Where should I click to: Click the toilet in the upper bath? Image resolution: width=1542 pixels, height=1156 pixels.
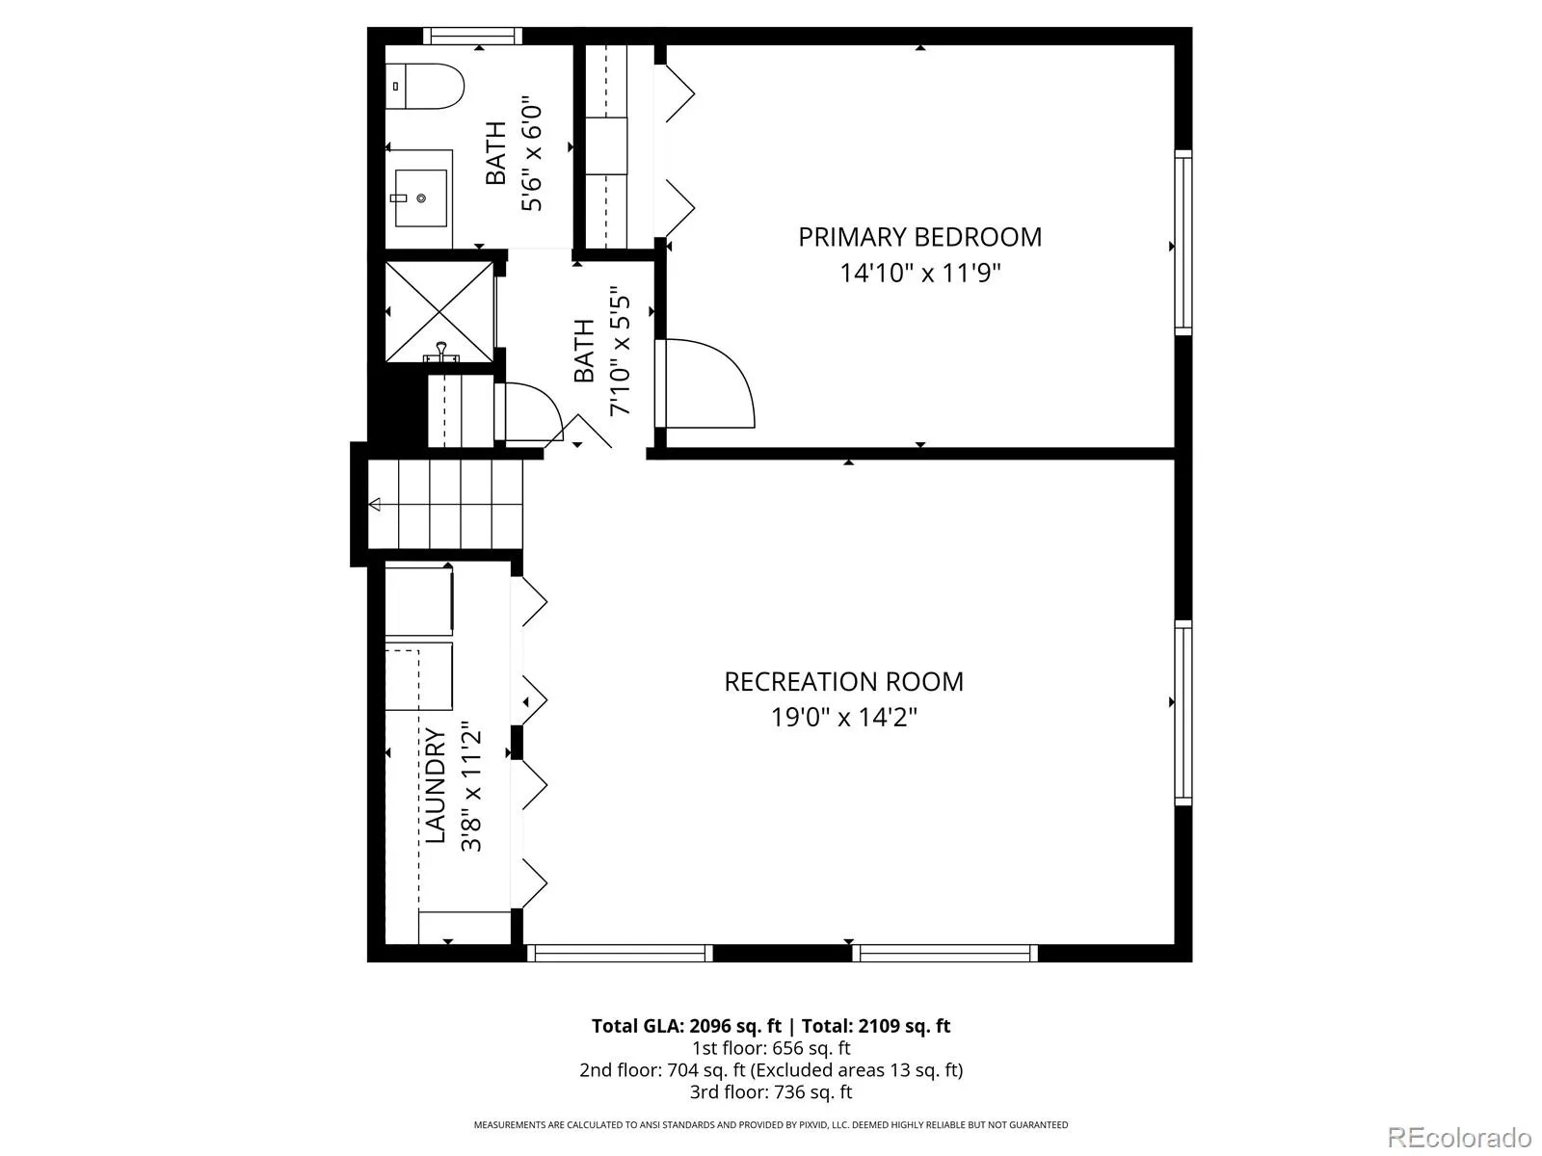click(x=424, y=87)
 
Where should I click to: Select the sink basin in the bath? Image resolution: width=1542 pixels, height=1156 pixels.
click(x=421, y=197)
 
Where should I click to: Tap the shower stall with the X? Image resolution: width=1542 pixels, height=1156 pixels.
click(x=439, y=311)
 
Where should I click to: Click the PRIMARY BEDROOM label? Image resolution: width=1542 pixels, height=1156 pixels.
click(x=919, y=237)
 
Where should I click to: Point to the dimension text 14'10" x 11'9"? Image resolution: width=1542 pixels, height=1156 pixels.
click(x=919, y=273)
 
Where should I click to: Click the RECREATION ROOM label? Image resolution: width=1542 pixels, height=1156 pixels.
click(x=843, y=681)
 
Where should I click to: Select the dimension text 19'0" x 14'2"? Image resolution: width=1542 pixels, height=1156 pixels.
click(x=843, y=717)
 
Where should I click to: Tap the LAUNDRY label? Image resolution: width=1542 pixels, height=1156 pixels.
click(x=436, y=785)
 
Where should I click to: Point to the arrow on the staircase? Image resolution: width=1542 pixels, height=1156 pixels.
click(x=375, y=504)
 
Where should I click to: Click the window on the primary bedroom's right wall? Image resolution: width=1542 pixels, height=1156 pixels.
click(x=1183, y=242)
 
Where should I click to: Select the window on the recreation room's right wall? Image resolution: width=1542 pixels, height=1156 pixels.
click(x=1183, y=713)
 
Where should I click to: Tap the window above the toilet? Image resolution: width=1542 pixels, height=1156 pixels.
click(x=473, y=36)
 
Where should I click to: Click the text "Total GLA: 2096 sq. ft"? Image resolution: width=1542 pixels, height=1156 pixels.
click(x=686, y=1026)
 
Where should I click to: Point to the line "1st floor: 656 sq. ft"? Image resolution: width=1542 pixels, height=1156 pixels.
click(x=771, y=1049)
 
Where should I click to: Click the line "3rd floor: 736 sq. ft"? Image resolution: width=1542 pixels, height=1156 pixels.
click(x=771, y=1092)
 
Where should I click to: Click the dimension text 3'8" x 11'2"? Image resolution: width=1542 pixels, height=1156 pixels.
click(x=471, y=790)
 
